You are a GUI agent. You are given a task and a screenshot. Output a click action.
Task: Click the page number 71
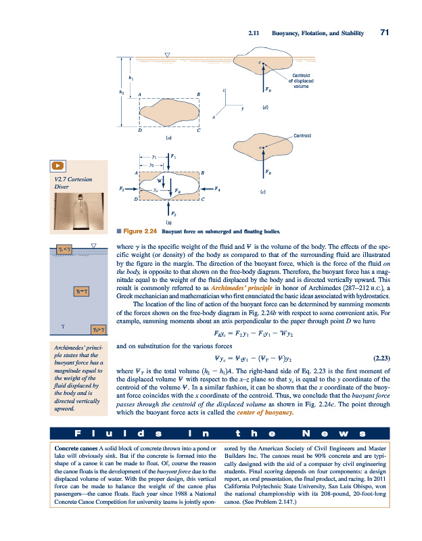384,32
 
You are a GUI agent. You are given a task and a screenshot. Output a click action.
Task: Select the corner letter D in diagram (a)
139,131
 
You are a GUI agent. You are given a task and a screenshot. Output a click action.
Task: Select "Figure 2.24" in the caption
141,231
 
